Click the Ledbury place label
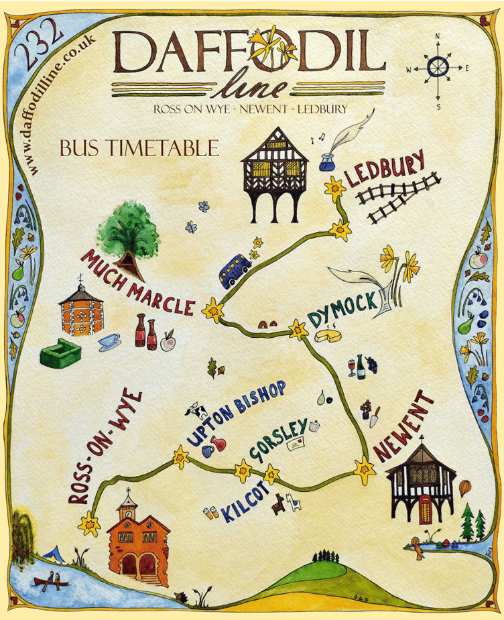385,170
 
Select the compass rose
438,68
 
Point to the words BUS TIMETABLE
139,147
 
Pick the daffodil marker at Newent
365,470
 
